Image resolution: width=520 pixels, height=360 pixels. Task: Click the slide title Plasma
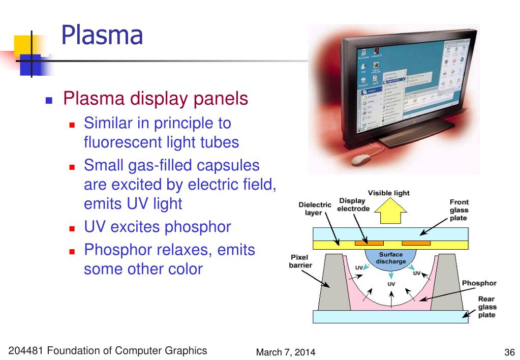(102, 36)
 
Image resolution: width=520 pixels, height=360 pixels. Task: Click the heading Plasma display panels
(155, 98)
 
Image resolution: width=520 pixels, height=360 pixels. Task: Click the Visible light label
(388, 193)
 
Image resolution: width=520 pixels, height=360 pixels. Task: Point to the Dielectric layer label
(315, 208)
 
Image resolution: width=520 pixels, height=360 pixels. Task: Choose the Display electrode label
(352, 204)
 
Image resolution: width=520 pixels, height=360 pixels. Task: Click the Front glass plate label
(459, 210)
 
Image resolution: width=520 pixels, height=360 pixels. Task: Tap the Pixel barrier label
(300, 261)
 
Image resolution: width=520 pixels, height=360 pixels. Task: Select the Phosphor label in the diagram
(479, 283)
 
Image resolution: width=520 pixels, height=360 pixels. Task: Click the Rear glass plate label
(486, 307)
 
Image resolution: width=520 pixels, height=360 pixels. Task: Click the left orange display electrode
(369, 243)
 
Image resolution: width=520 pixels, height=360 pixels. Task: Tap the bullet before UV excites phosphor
(72, 228)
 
